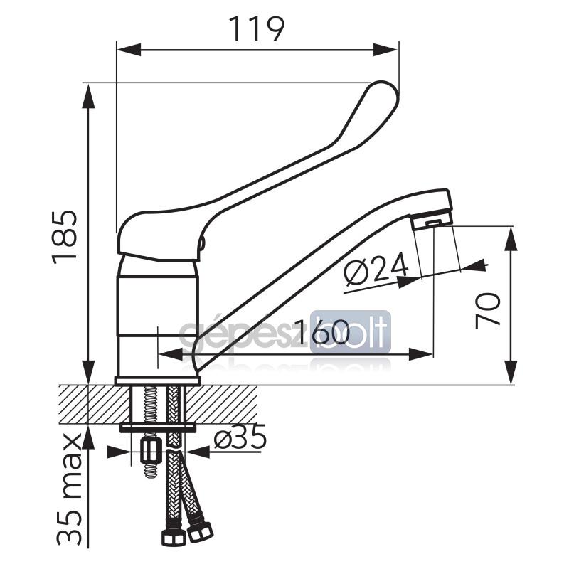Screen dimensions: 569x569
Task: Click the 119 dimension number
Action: [x=257, y=29]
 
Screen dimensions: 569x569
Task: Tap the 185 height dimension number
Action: [x=65, y=238]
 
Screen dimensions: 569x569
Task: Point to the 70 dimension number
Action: [x=488, y=311]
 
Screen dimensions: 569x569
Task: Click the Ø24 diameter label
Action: [x=376, y=269]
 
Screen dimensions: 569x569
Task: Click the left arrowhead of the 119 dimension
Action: [x=129, y=50]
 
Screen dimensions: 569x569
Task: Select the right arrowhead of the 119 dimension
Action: [x=386, y=50]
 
